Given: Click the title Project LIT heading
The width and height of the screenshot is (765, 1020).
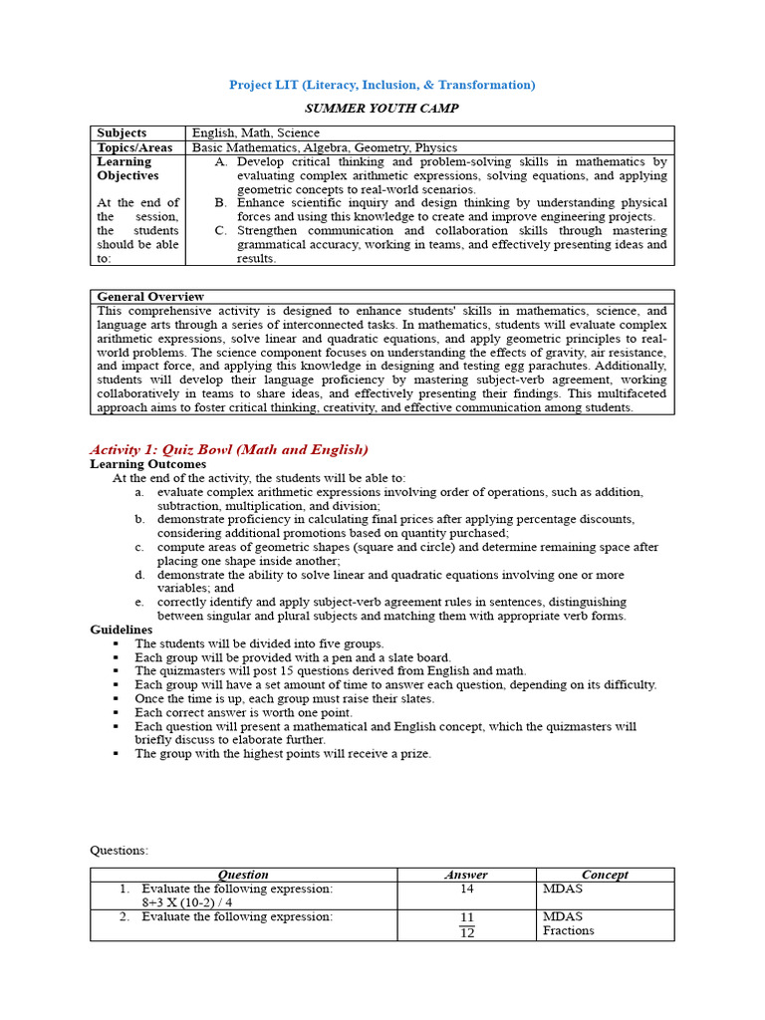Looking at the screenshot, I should click(x=382, y=85).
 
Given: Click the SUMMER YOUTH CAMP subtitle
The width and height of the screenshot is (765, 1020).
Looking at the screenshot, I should click(x=382, y=108).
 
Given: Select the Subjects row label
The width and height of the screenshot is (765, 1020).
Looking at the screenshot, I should click(x=122, y=132).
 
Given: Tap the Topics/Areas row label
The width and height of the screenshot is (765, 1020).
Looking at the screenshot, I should click(x=134, y=147).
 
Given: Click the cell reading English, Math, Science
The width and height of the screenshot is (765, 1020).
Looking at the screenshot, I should click(x=256, y=132).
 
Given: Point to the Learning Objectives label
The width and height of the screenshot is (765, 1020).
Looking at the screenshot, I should click(x=127, y=168).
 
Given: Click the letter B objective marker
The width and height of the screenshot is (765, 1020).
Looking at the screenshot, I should click(x=220, y=203).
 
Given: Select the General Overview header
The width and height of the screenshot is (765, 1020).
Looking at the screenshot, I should click(x=150, y=297).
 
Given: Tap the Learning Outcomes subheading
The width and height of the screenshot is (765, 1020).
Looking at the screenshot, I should click(x=148, y=464).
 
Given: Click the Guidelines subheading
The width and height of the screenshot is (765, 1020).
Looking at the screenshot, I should click(x=122, y=630).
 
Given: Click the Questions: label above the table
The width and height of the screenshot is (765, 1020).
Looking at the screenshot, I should click(x=119, y=850).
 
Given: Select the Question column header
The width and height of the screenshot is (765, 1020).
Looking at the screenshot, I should click(x=243, y=875).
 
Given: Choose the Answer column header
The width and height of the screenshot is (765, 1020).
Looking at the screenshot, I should click(x=465, y=875).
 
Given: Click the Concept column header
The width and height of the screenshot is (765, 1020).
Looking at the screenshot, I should click(x=605, y=875).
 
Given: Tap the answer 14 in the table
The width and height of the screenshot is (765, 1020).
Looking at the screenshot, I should click(x=466, y=889).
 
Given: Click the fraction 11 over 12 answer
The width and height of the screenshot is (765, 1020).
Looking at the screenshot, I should click(x=466, y=924).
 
